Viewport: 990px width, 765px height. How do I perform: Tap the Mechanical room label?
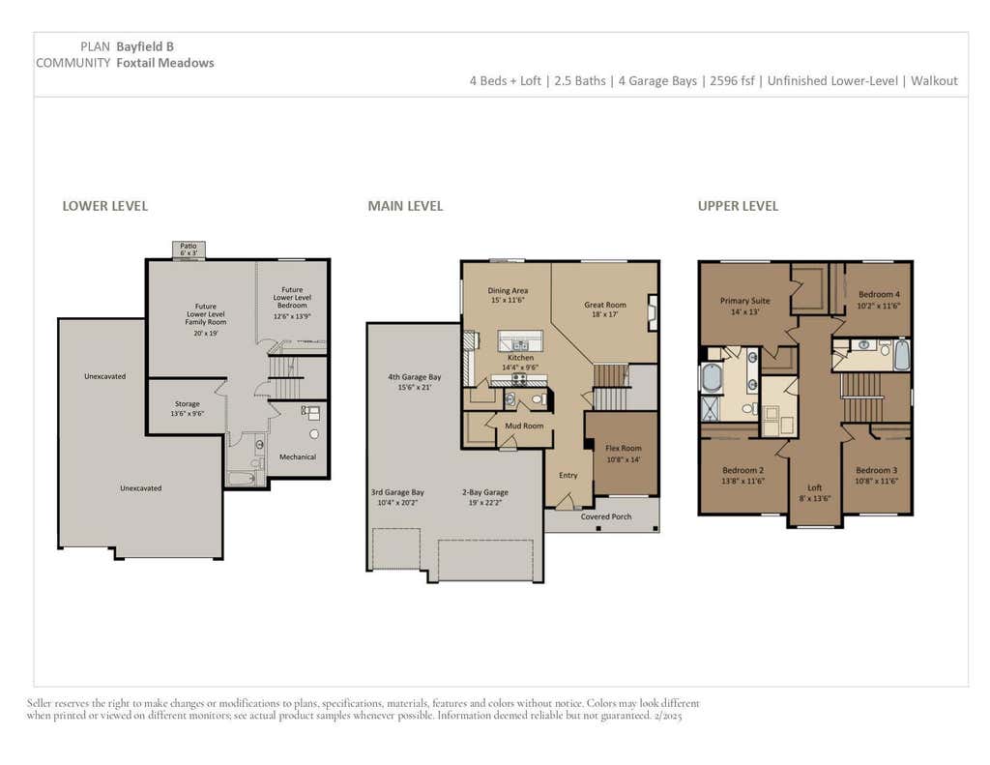[x=298, y=456]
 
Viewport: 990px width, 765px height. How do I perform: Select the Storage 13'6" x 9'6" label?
[x=187, y=409]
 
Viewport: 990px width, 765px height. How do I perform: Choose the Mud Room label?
[x=524, y=426]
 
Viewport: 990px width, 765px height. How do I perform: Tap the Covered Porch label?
[x=606, y=516]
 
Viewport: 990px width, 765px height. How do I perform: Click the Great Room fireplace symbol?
[x=653, y=312]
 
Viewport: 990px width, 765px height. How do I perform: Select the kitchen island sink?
[x=520, y=345]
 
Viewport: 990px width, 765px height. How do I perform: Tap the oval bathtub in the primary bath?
[x=712, y=378]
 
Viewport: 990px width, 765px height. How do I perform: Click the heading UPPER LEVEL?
[x=738, y=206]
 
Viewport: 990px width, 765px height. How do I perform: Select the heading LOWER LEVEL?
[x=104, y=206]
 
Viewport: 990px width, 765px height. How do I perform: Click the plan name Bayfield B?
[x=145, y=46]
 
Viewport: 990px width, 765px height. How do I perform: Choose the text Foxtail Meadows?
[x=164, y=63]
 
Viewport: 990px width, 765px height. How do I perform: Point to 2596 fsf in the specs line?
[x=732, y=81]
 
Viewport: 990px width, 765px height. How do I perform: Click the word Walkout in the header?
[x=934, y=81]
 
